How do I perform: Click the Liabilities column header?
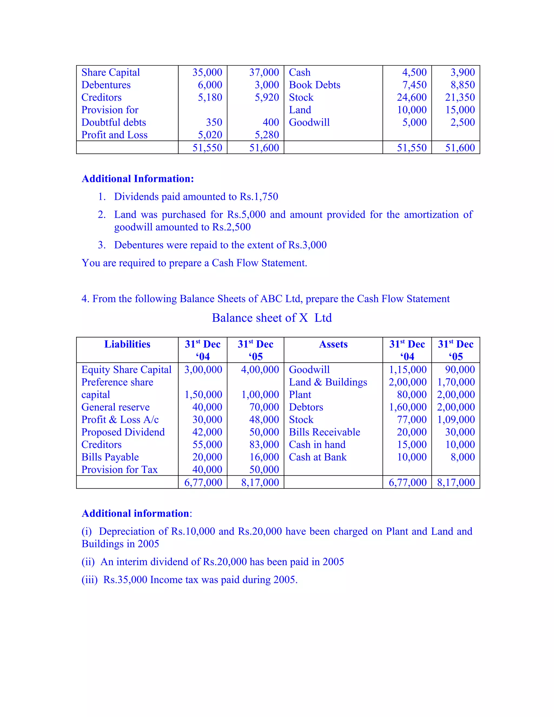coord(127,344)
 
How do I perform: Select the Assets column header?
coord(333,344)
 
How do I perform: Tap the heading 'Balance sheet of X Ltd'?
coord(272,318)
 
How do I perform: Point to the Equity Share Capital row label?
coord(126,370)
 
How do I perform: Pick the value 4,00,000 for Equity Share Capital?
coord(260,370)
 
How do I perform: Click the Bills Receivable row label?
coord(324,432)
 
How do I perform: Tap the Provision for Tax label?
coord(120,469)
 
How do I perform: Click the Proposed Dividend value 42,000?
coord(207,432)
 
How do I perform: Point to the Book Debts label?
coord(314,85)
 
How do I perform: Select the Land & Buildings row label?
coord(328,382)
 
